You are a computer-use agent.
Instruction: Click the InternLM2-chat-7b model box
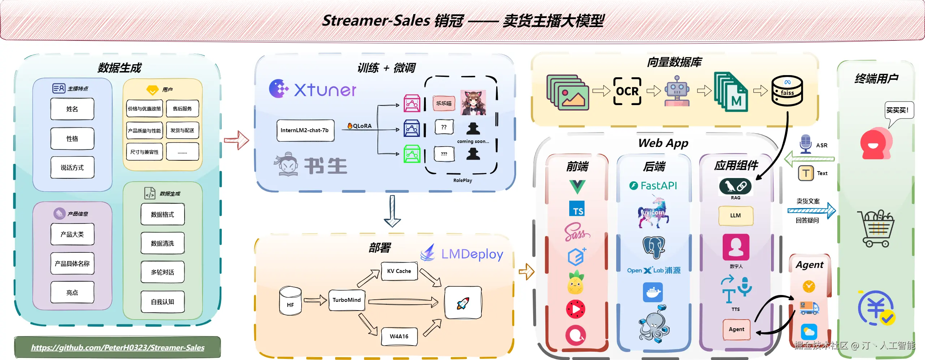305,130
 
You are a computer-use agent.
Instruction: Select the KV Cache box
399,271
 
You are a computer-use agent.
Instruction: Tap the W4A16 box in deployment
399,336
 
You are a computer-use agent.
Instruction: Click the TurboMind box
346,300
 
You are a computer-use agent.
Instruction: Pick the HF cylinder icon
290,301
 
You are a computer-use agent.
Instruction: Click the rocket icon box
463,303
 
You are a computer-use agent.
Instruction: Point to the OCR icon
627,91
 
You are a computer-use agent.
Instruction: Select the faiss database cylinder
787,91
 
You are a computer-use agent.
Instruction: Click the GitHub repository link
118,347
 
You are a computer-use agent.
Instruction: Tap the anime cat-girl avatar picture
473,103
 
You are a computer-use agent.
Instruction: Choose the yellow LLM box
735,216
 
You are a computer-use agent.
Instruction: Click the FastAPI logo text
654,186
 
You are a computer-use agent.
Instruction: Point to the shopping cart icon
876,229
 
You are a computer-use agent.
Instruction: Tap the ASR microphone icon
805,144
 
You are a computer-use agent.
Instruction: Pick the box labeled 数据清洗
163,243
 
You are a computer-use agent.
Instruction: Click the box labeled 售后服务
182,109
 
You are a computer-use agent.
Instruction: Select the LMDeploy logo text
472,254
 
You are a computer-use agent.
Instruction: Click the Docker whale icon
653,292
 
